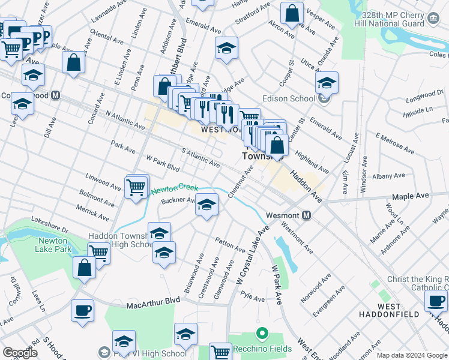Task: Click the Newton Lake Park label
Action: pos(55,245)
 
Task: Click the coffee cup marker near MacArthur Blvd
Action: pos(82,310)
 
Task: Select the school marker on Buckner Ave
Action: pos(206,205)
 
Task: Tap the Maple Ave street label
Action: pos(411,196)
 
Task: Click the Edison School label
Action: pos(289,99)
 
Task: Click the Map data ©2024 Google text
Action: pos(411,355)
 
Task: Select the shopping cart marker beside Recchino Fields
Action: pos(221,352)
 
